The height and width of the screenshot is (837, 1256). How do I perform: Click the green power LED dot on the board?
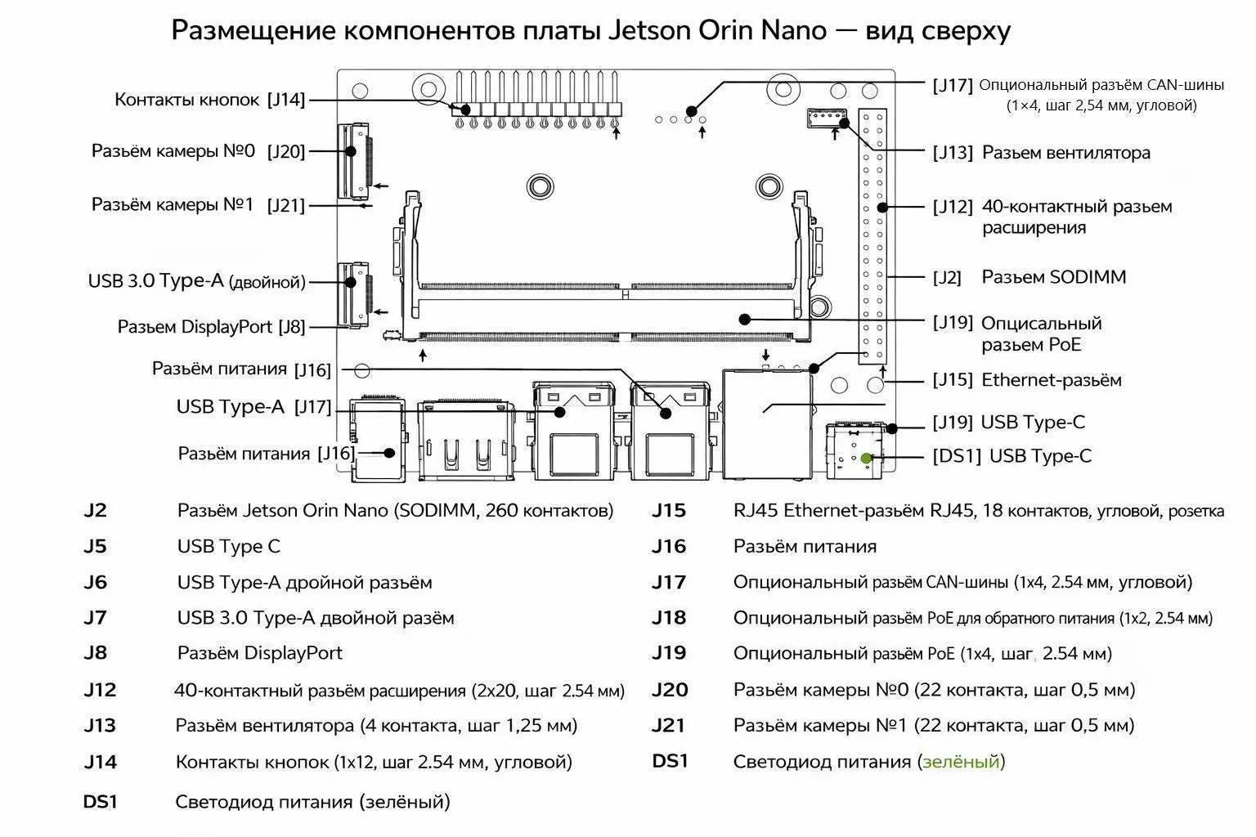coord(865,459)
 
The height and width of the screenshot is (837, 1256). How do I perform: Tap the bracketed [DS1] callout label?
coord(956,456)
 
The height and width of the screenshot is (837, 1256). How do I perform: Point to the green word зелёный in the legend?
coord(961,762)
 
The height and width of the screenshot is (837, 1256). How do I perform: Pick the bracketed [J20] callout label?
coord(285,151)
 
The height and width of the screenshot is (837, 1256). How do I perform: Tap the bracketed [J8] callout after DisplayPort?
coord(291,327)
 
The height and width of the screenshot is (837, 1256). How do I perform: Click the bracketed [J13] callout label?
coord(953,153)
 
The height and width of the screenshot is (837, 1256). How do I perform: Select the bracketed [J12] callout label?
coord(953,207)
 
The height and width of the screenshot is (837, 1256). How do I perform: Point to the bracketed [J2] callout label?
coord(947,278)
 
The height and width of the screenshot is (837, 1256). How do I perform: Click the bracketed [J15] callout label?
coord(953,380)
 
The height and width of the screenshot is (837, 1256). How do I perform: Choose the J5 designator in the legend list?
coord(95,547)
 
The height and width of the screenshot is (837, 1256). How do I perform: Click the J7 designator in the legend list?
coord(95,618)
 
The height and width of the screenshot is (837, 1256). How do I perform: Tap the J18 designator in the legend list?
coord(669,618)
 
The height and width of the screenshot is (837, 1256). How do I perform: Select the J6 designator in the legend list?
coord(95,583)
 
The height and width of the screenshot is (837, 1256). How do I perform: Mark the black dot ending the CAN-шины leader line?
coord(692,110)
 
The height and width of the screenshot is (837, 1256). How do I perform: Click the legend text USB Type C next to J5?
coord(228,547)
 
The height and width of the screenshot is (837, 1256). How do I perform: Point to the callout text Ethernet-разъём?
coord(1051,380)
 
